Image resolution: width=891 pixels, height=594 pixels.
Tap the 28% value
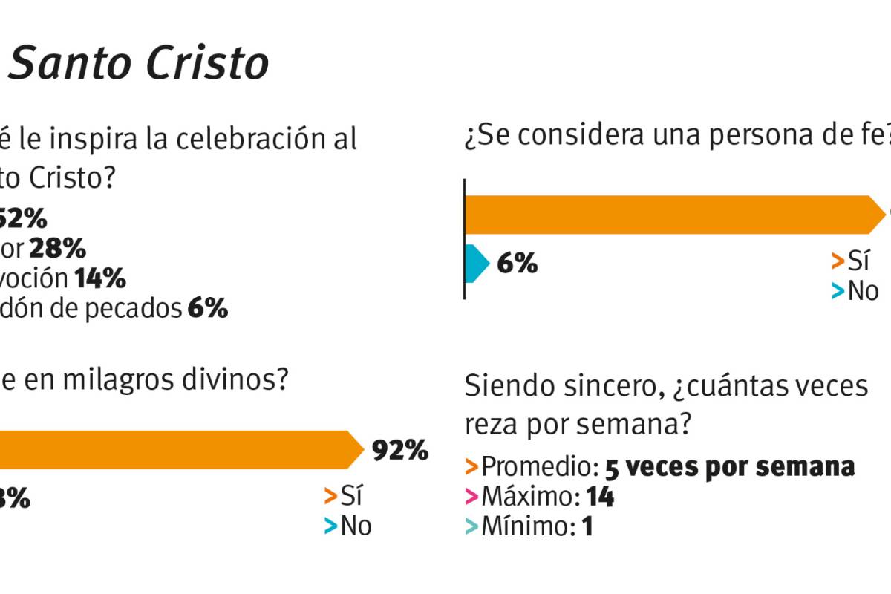57,249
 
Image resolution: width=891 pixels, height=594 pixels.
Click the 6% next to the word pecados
207,308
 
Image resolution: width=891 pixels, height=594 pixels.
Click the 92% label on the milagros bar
400,450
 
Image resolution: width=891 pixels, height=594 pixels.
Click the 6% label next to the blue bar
517,263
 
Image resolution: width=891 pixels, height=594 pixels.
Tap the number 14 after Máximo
600,496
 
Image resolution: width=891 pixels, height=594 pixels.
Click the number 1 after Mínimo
587,526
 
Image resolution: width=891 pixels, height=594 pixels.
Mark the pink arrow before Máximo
471,496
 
